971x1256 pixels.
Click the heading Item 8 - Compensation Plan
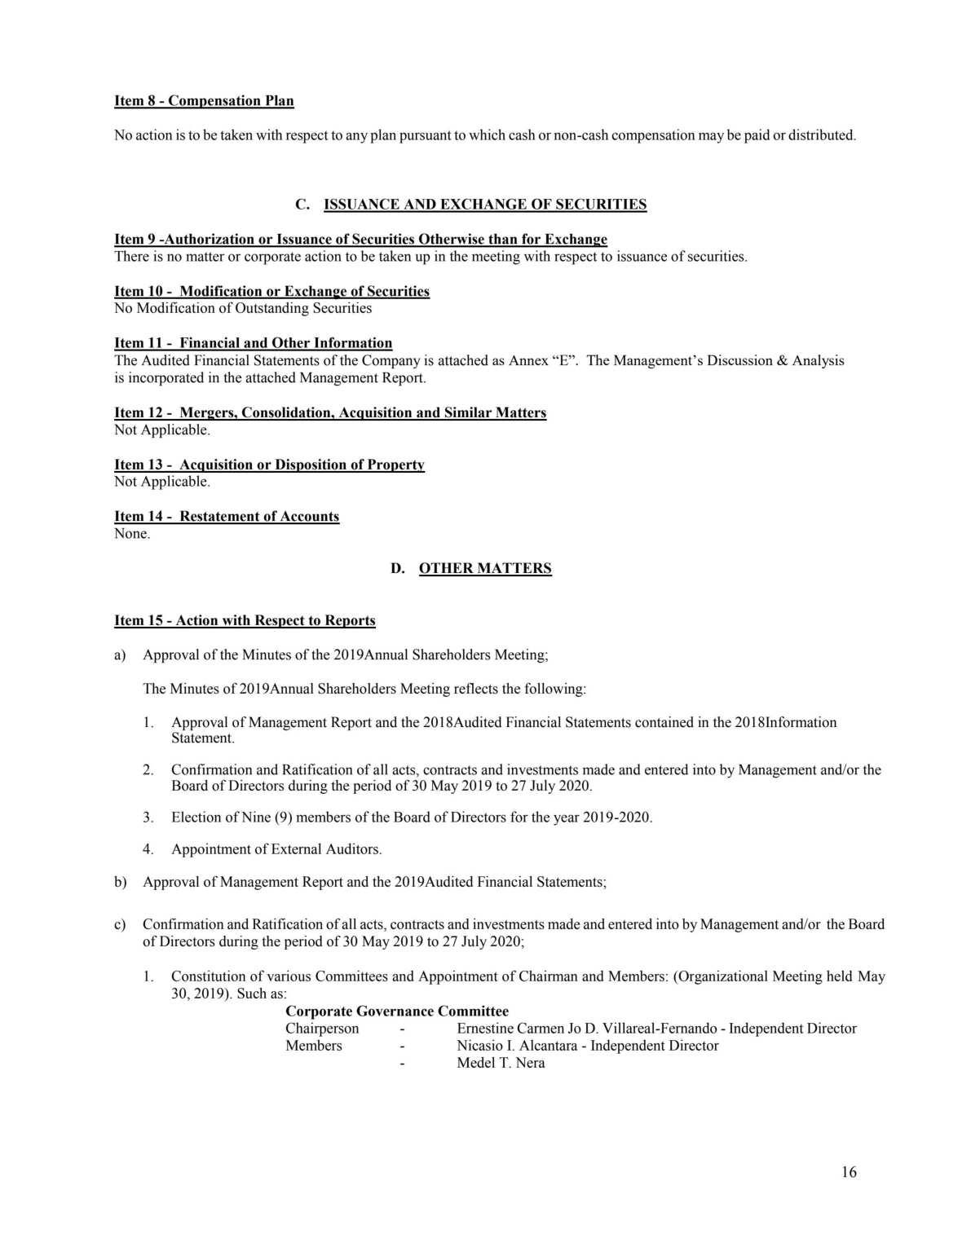(204, 101)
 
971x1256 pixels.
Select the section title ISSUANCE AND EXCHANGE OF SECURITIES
(484, 205)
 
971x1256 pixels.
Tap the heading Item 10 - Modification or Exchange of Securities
(271, 291)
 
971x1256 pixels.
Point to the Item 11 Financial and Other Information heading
(253, 343)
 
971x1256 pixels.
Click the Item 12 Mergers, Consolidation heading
(330, 412)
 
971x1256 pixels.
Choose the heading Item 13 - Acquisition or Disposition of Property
(269, 465)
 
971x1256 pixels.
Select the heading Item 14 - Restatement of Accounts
(227, 516)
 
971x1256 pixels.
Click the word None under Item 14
(131, 534)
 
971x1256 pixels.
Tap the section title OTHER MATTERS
(484, 568)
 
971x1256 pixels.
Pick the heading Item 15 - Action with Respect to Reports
(245, 620)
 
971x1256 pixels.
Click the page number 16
(849, 1172)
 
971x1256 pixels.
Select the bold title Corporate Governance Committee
(397, 1011)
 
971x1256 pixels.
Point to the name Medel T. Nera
(501, 1063)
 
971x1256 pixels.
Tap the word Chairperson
(322, 1029)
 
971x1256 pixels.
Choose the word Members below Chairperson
(314, 1046)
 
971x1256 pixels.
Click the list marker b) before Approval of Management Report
(120, 882)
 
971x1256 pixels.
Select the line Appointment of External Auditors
(276, 849)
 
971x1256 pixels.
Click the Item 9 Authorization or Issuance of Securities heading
(360, 239)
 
